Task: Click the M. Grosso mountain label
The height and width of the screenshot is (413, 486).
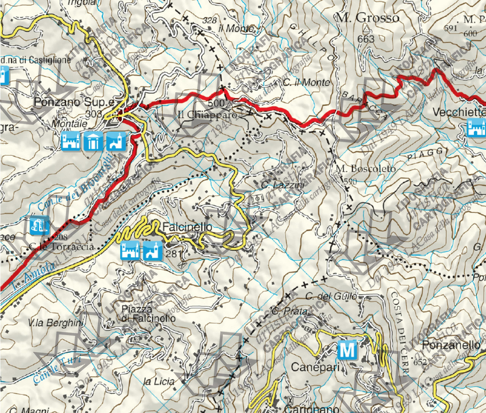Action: coord(367,18)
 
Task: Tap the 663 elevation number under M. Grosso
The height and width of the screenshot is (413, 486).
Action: coord(366,39)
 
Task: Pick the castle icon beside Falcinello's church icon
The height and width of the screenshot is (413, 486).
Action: coord(129,251)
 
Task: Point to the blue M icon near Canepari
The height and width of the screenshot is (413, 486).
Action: coord(347,350)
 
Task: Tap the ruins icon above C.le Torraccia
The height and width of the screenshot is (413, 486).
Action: coord(39,225)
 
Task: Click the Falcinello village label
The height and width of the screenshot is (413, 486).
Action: coord(187,226)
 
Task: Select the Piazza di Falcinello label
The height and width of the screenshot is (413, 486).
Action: coord(148,313)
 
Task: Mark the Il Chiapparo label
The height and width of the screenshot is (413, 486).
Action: coord(207,115)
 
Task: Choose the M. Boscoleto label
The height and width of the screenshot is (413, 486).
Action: coord(359,168)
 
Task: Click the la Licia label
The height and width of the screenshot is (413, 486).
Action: coord(158,381)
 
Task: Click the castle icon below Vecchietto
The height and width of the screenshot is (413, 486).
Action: coord(477,128)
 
